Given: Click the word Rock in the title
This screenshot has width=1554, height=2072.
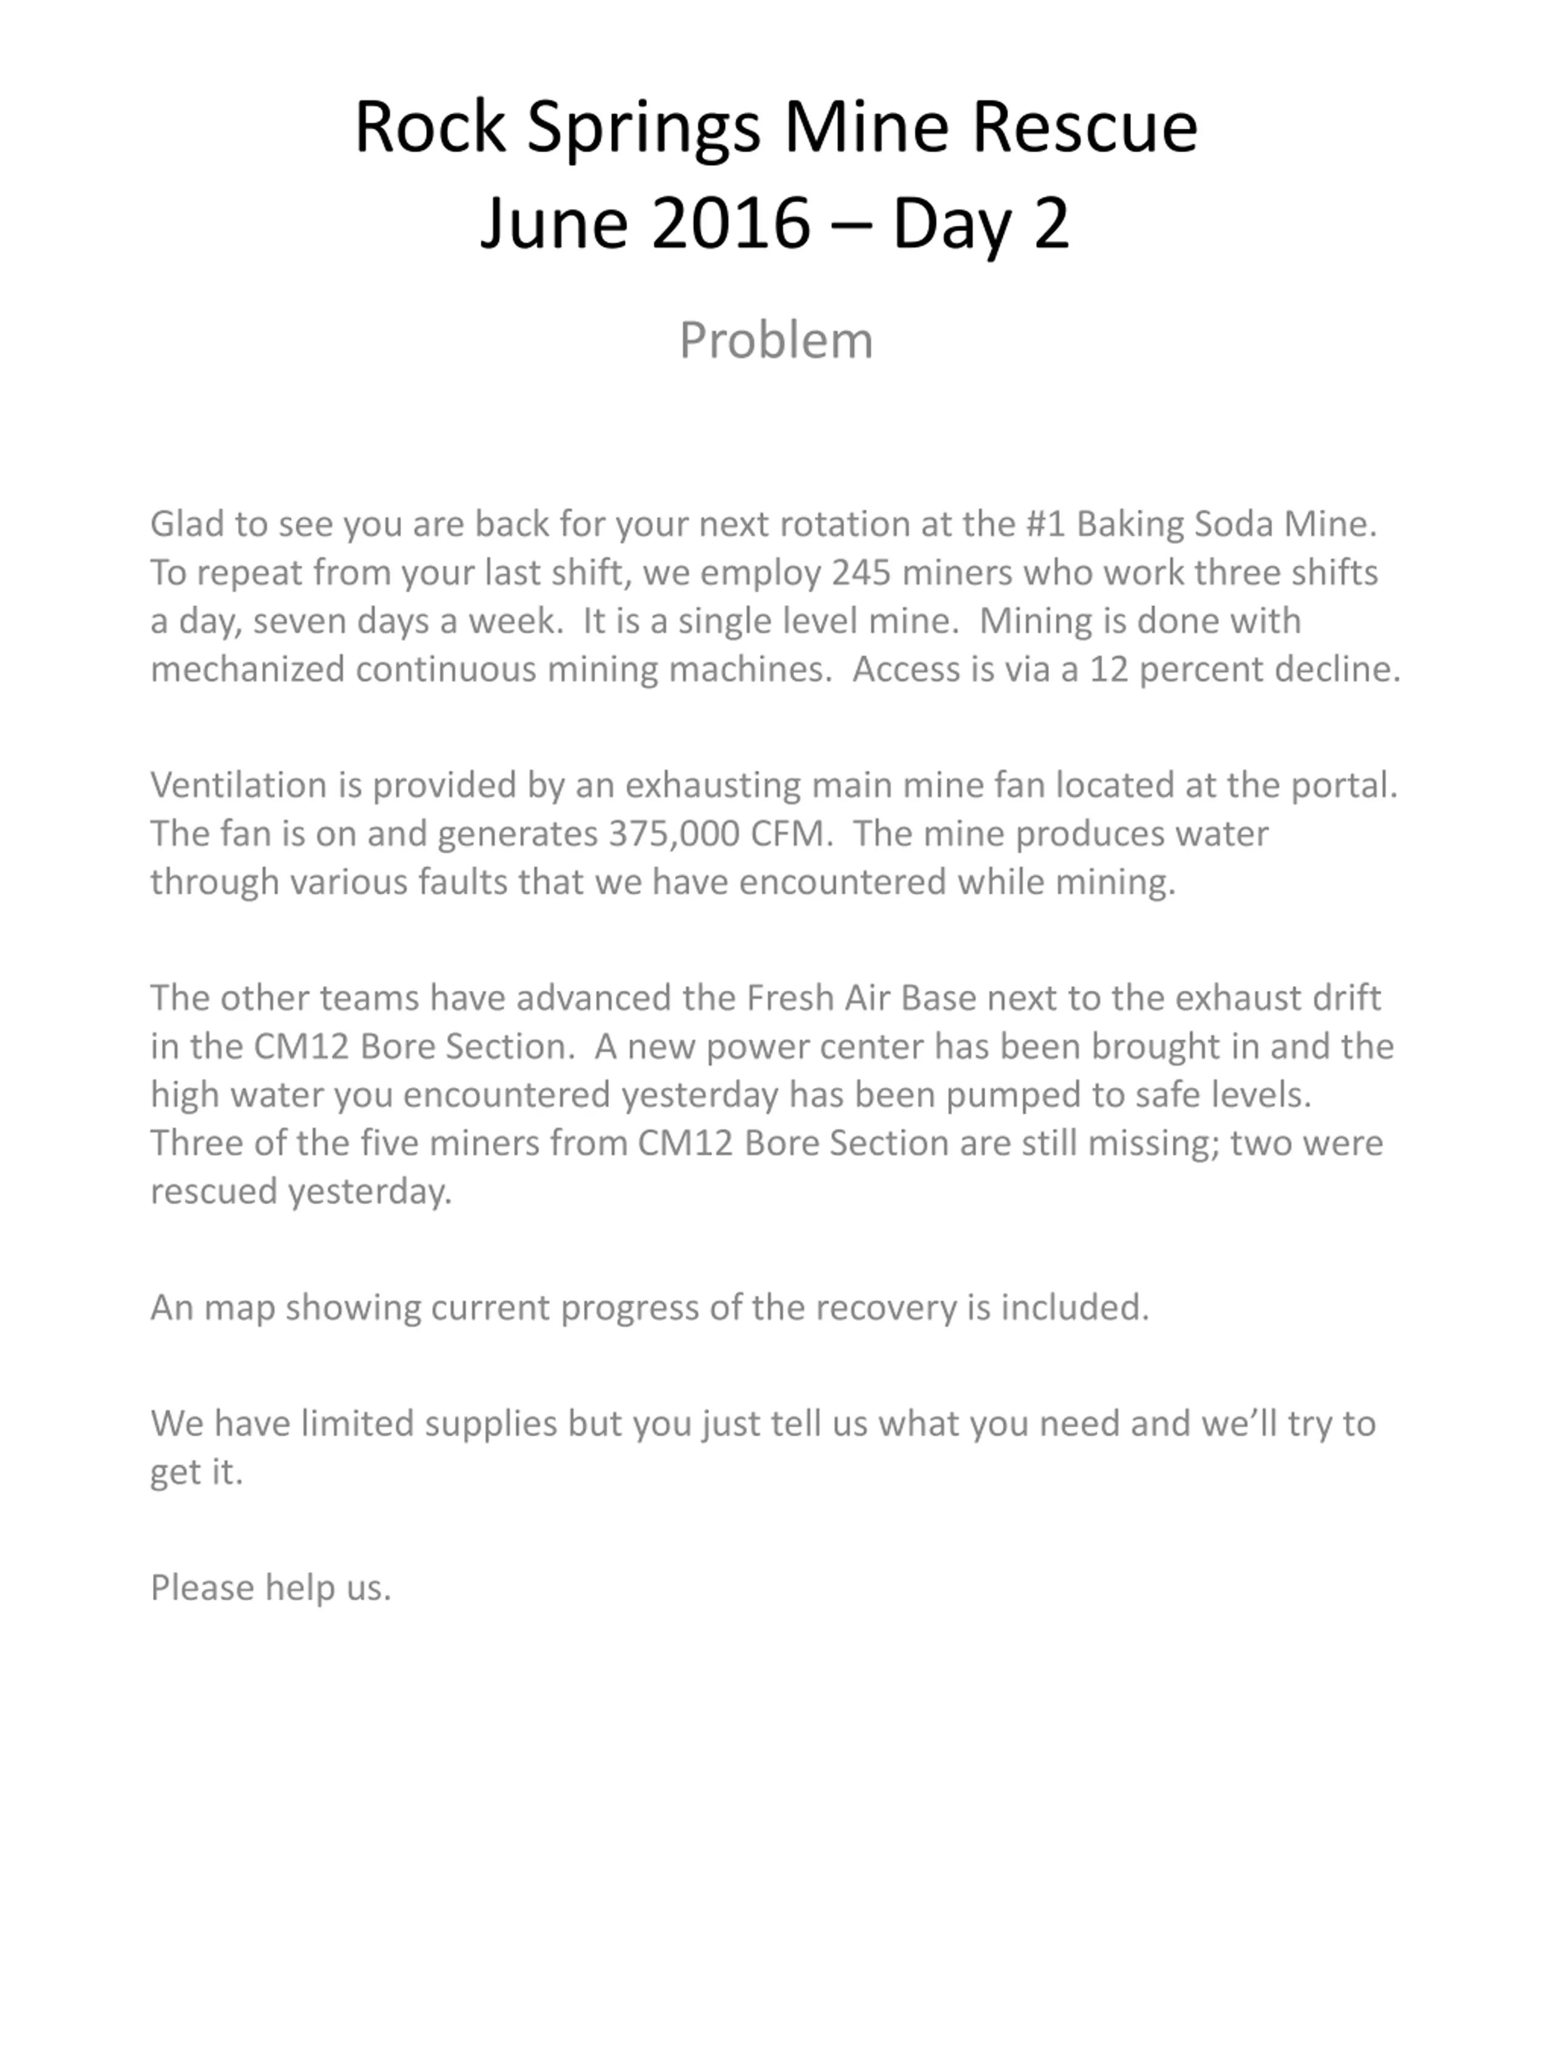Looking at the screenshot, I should click(430, 127).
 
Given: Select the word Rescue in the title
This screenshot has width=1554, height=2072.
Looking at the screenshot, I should click(1085, 127).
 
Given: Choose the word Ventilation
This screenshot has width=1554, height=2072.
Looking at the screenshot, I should click(238, 785).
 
